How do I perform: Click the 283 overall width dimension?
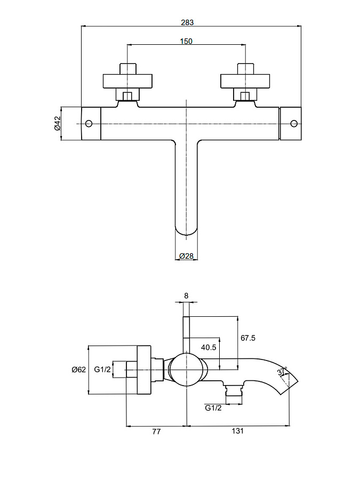(187, 22)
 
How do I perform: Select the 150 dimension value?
(186, 41)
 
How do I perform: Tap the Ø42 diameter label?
(57, 124)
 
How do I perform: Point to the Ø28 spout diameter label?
(186, 256)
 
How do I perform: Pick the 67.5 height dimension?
(249, 338)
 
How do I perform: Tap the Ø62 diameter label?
(79, 370)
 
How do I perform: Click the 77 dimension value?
(156, 432)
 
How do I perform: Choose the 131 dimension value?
(237, 432)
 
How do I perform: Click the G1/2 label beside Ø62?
(102, 370)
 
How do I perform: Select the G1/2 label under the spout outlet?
(213, 408)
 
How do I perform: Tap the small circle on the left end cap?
(89, 124)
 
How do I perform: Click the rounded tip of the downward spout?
(186, 230)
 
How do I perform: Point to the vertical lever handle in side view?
(186, 333)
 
